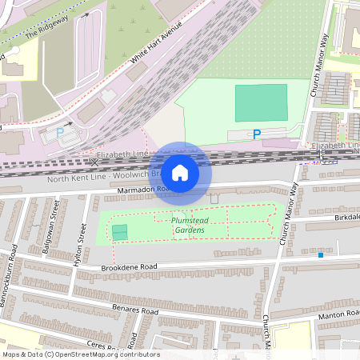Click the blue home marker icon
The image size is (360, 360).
(x=180, y=172)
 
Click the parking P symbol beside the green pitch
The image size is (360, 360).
(x=256, y=134)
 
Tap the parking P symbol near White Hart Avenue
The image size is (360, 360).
(x=58, y=132)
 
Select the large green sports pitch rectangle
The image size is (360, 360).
(x=261, y=102)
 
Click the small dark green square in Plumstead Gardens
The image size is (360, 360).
(x=119, y=232)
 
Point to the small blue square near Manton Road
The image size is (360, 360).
(x=321, y=255)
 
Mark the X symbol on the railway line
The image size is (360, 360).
(x=94, y=162)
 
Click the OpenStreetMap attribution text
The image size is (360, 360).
(x=80, y=354)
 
